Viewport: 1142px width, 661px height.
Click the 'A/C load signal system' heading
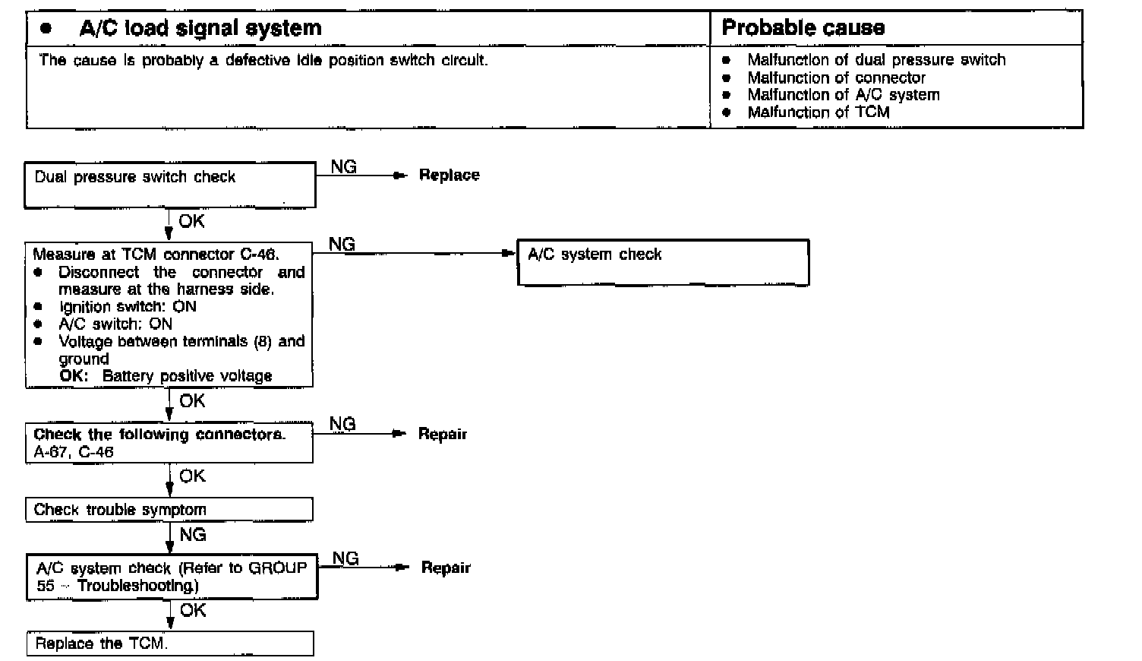click(200, 29)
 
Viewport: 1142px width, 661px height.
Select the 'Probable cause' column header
click(803, 28)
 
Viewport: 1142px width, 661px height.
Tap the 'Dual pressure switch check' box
click(170, 184)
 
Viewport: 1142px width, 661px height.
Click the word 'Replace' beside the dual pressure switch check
click(449, 176)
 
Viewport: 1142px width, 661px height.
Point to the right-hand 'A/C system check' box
click(663, 263)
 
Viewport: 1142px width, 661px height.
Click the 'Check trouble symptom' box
click(169, 509)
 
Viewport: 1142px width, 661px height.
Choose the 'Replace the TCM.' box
click(170, 644)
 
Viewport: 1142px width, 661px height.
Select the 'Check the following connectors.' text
click(159, 435)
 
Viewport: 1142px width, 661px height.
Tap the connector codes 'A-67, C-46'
click(74, 452)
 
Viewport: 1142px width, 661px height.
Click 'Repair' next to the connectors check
click(443, 434)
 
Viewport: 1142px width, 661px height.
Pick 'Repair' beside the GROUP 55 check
click(446, 568)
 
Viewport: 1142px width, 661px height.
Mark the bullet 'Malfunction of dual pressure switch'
click(875, 60)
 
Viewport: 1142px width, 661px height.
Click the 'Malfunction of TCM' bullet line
click(818, 112)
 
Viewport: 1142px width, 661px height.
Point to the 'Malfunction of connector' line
click(836, 77)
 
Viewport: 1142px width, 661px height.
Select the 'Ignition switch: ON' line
click(128, 307)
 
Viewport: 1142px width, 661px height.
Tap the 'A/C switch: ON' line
click(115, 324)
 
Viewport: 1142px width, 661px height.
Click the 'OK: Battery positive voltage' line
click(166, 376)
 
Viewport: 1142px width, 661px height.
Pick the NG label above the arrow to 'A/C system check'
click(342, 244)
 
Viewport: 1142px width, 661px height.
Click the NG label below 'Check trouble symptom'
click(193, 535)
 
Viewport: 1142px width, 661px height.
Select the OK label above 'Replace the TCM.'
click(193, 610)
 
